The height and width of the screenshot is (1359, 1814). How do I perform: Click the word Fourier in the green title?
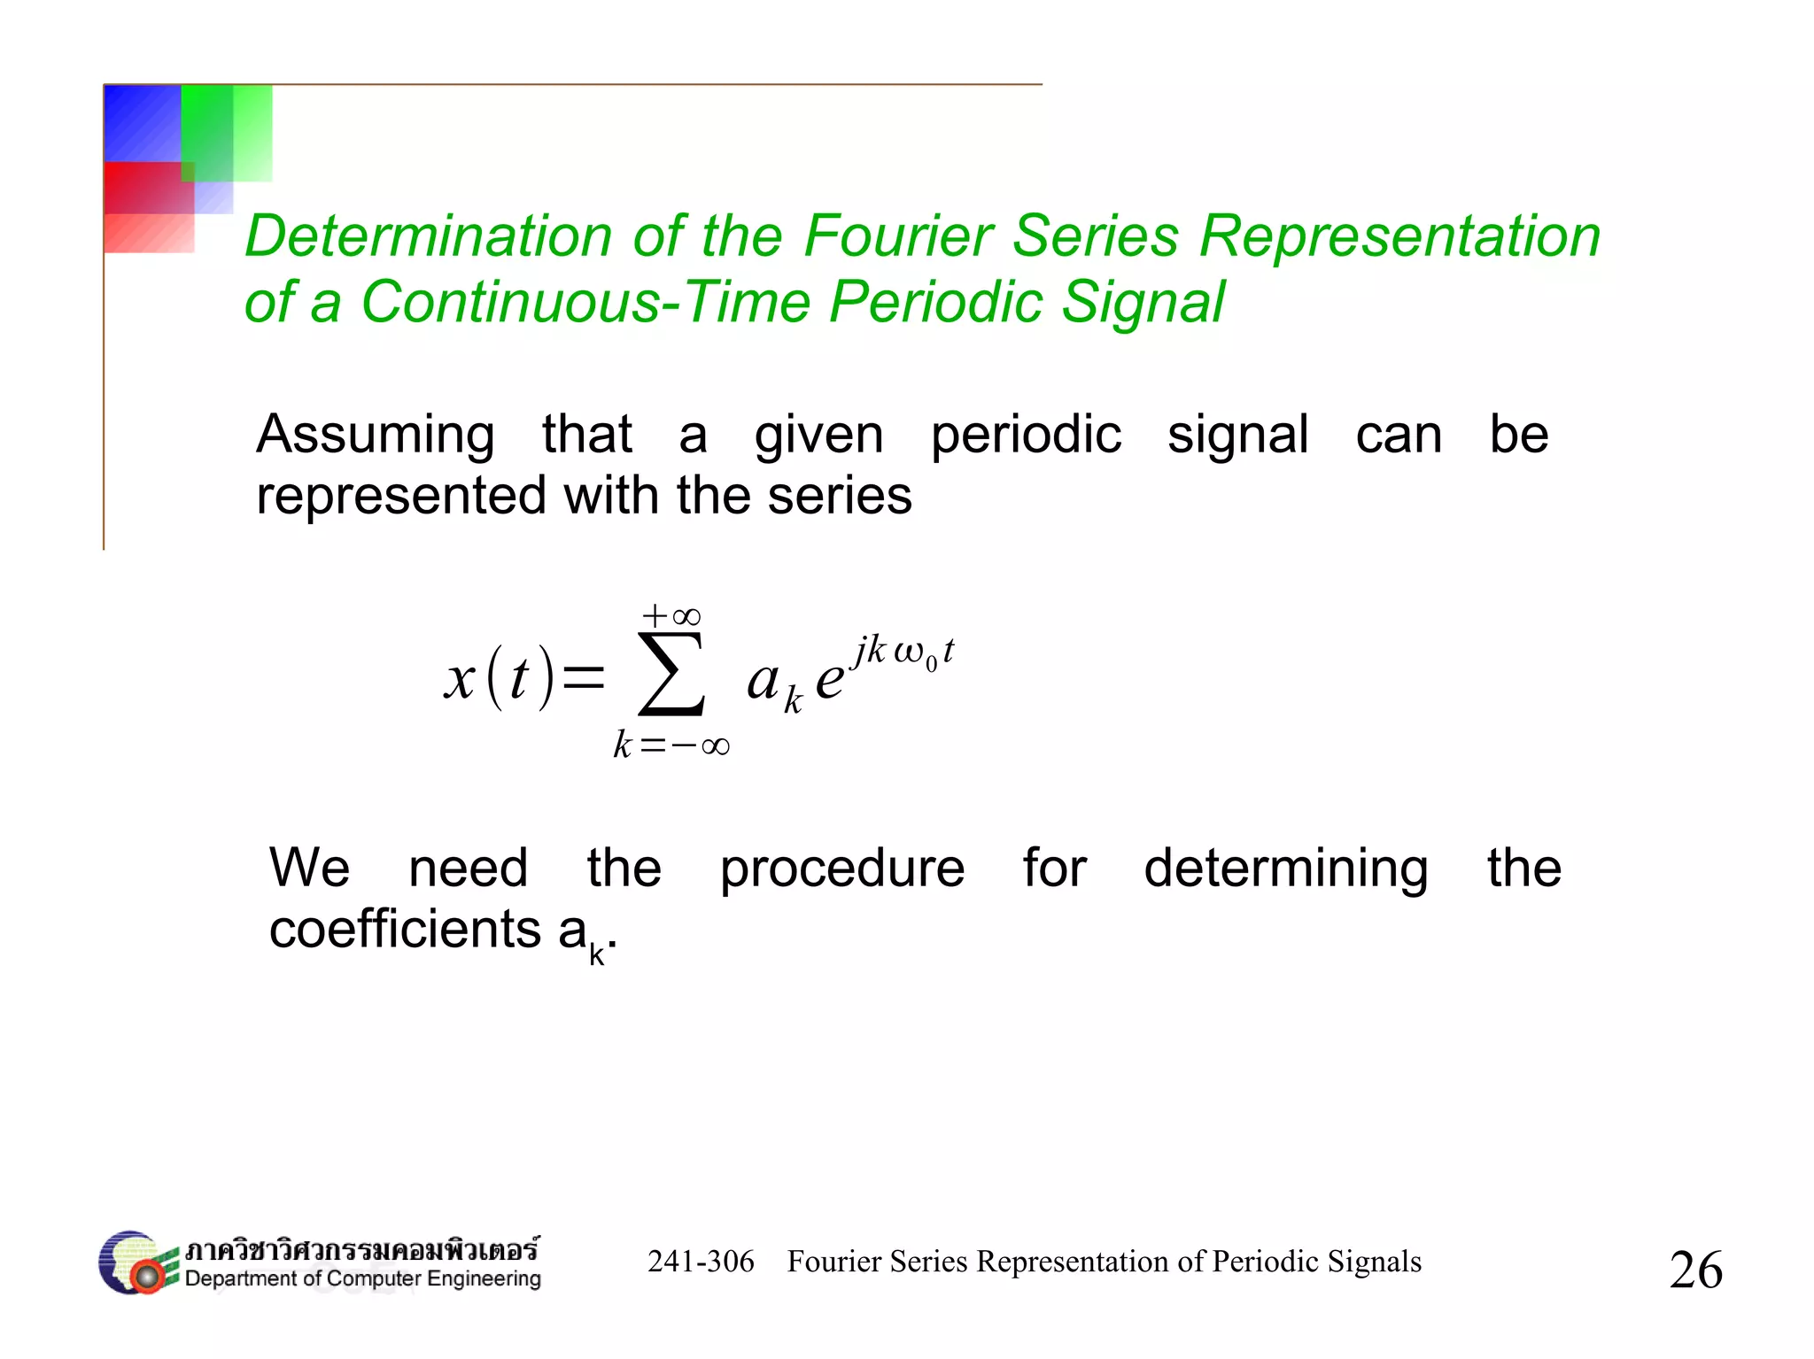click(898, 237)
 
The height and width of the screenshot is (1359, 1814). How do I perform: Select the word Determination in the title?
click(428, 237)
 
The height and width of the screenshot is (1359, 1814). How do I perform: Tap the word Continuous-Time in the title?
click(585, 303)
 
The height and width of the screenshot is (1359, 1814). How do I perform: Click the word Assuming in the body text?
click(376, 436)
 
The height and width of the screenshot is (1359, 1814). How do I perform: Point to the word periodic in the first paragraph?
click(1026, 436)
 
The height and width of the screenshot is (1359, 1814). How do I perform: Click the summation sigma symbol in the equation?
click(671, 675)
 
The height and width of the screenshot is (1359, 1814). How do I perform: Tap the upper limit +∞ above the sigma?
click(671, 615)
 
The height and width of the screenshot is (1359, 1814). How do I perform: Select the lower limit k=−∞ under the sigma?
click(671, 745)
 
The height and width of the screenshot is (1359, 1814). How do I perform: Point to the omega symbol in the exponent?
click(909, 652)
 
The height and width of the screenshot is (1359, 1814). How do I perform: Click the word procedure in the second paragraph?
click(841, 869)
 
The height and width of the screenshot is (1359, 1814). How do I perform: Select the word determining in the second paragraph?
click(1285, 869)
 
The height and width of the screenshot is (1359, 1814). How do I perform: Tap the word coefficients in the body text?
click(406, 930)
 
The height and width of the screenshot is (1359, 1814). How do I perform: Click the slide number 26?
click(1695, 1270)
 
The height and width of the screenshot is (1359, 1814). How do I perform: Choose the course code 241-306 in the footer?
click(701, 1262)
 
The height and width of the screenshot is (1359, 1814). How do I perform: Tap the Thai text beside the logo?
click(361, 1249)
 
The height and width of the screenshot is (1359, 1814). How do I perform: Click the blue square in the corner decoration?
click(142, 122)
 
